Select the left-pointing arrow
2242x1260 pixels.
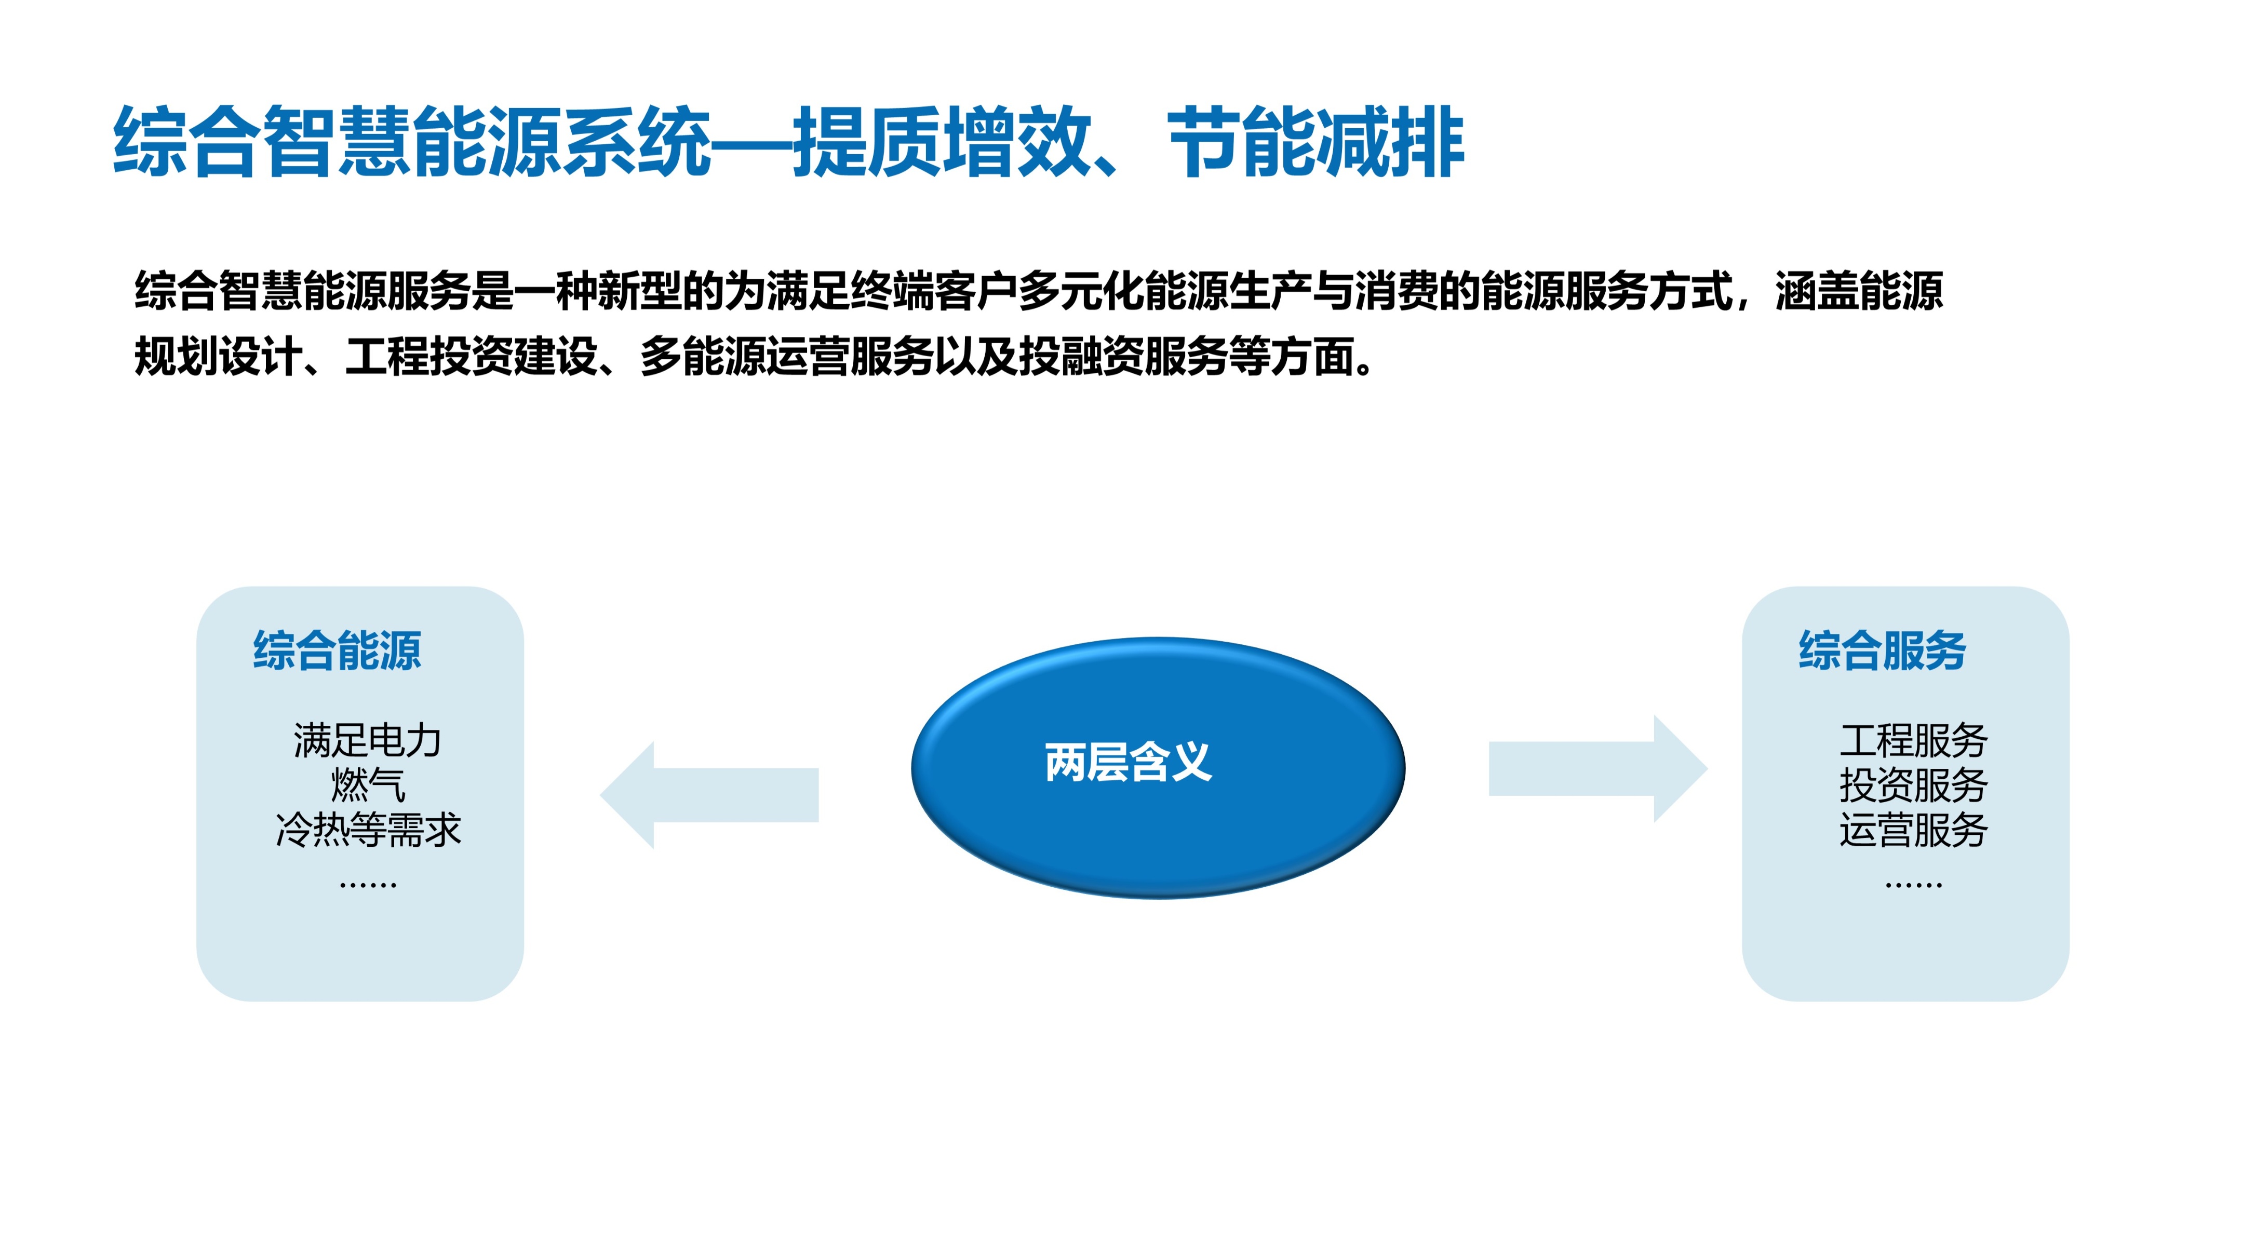tap(709, 794)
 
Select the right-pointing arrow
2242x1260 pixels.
tap(1598, 768)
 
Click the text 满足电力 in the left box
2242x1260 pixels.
tap(367, 740)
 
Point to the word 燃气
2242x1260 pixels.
tap(367, 785)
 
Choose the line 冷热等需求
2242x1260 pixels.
tap(367, 829)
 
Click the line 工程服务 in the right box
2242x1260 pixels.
tap(1913, 740)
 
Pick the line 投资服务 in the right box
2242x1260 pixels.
tap(1913, 785)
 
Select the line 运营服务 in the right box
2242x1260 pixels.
tap(1913, 829)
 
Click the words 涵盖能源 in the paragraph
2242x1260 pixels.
tap(1859, 291)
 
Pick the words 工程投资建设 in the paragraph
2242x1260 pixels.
tap(471, 356)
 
